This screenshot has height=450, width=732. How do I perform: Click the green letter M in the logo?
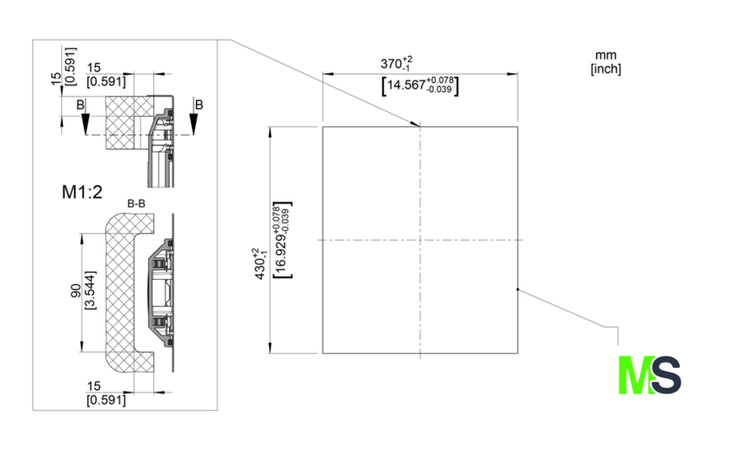pos(635,375)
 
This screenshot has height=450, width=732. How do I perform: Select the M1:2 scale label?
pos(82,192)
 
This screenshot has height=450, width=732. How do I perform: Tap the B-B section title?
pos(136,204)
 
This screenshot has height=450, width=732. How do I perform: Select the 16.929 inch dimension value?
pos(281,240)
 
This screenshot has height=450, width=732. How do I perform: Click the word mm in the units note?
pos(606,56)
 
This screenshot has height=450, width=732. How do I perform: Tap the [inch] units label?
pos(606,69)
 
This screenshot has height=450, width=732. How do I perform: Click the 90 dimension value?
pos(76,290)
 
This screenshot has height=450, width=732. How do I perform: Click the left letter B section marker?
pos(81,105)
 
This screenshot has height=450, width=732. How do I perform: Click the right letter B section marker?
pos(199,105)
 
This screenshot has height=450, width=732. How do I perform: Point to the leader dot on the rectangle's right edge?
pos(518,290)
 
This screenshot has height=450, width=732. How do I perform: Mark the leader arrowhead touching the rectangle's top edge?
pos(415,124)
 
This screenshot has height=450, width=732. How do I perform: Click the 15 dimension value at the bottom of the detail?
pos(93,386)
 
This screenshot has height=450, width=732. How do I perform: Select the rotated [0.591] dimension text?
pos(70,66)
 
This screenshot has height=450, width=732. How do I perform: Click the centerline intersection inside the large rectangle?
pos(420,240)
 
